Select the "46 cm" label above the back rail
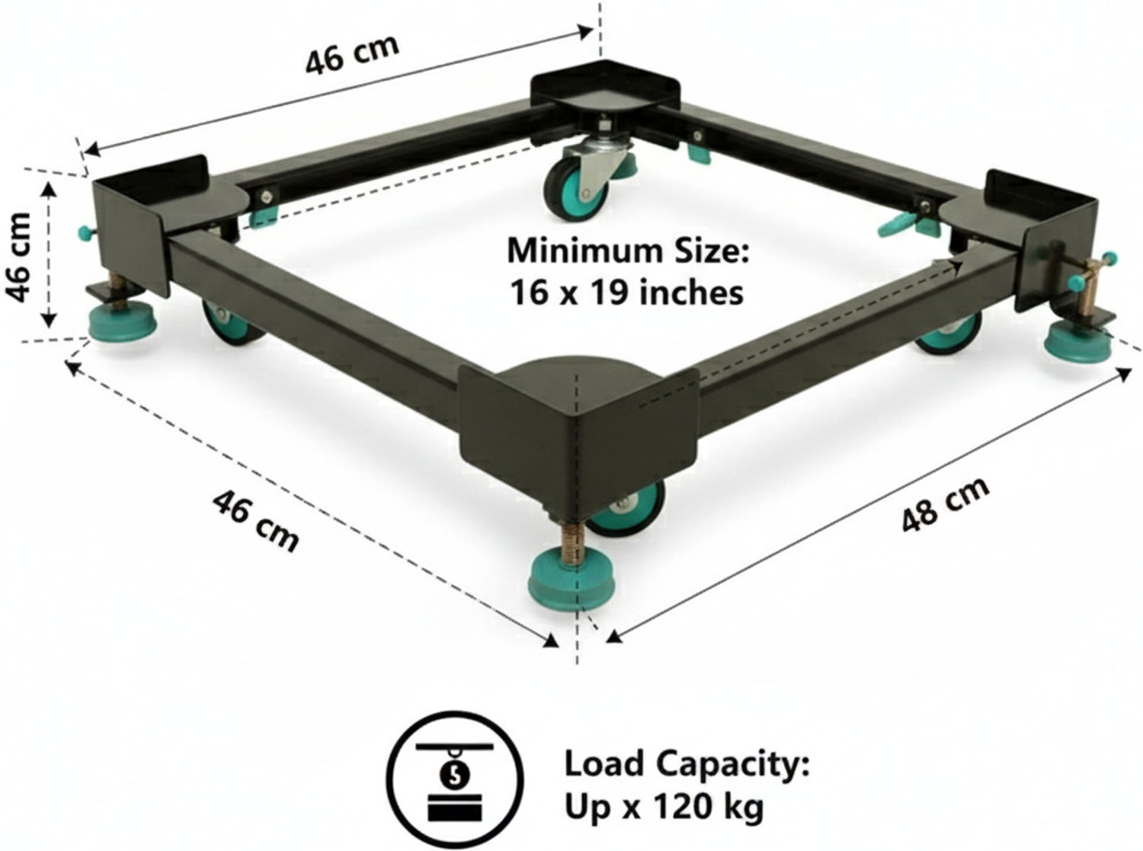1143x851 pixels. click(353, 54)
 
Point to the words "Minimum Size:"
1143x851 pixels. click(628, 251)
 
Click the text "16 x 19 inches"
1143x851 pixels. click(626, 293)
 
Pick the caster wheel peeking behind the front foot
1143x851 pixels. click(628, 507)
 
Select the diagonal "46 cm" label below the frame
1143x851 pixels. click(255, 521)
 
